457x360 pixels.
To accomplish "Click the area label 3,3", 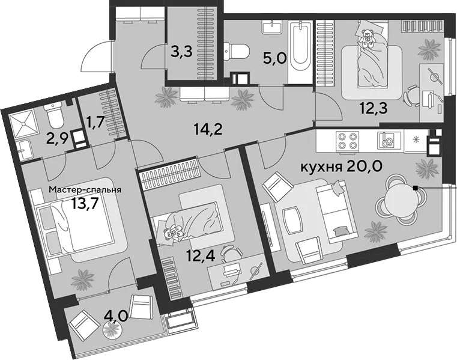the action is (181, 52).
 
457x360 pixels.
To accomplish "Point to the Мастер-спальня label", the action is (85, 190).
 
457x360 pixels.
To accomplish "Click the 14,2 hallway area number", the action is (208, 129).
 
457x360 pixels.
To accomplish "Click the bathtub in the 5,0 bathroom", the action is (300, 52).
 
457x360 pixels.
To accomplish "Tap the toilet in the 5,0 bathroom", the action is (237, 52).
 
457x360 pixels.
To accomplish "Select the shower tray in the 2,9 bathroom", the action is (22, 124).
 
